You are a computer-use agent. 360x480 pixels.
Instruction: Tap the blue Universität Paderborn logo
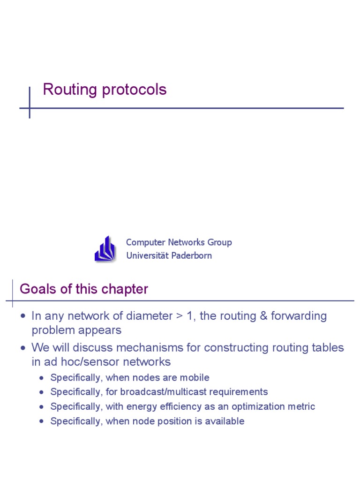pos(105,249)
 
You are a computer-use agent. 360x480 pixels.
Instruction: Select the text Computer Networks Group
pos(179,242)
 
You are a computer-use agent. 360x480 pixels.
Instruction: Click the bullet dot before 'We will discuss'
pos(23,348)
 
